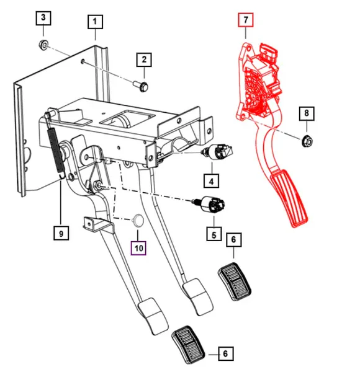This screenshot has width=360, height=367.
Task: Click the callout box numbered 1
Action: pyautogui.click(x=95, y=24)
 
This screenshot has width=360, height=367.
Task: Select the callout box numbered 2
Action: pyautogui.click(x=144, y=60)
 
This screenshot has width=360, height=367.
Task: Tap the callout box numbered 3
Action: pyautogui.click(x=43, y=18)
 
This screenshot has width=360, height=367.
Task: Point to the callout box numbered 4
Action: pyautogui.click(x=212, y=182)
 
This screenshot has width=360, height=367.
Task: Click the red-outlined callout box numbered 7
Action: pyautogui.click(x=246, y=20)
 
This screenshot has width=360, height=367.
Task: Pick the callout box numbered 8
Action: pyautogui.click(x=305, y=113)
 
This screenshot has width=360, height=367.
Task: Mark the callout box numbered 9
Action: pyautogui.click(x=60, y=233)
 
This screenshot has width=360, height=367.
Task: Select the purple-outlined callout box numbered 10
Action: pyautogui.click(x=137, y=247)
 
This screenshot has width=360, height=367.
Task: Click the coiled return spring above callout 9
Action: pyautogui.click(x=56, y=149)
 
